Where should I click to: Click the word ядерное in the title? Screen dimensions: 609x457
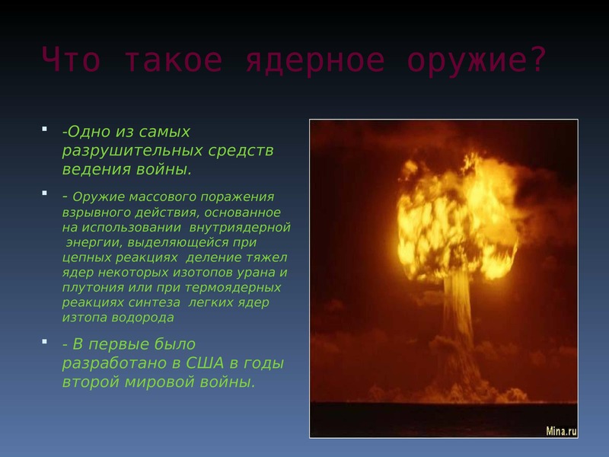315,60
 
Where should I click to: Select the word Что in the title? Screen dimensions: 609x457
71,59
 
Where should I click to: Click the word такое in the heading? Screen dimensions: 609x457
174,60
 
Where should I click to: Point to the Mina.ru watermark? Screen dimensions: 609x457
561,431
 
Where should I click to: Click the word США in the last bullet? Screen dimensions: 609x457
205,363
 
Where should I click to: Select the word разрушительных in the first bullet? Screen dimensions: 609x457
132,151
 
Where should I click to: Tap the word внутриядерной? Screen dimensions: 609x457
240,228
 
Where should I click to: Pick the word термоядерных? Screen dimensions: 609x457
233,288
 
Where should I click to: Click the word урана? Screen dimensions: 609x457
255,273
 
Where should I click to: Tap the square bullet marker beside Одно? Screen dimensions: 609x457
45,129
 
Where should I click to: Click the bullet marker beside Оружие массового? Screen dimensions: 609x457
45,193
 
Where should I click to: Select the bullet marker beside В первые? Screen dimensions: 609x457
45,341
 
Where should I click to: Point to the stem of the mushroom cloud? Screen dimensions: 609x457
458,311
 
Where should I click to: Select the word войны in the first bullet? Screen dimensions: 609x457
163,170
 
